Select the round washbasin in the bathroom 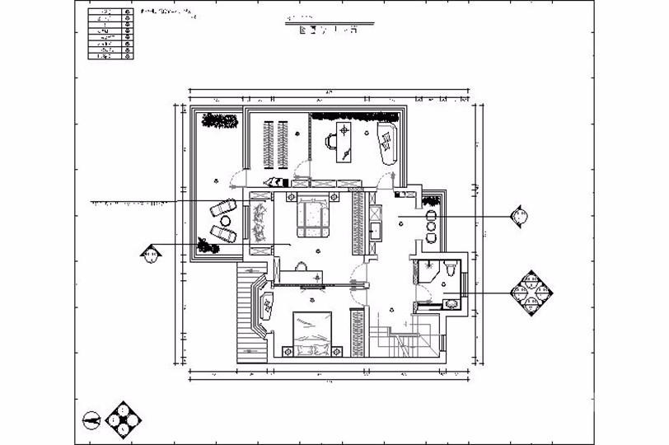point(450,303)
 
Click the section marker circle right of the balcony point(519,218)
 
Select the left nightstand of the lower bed point(288,352)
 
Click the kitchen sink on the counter point(376,229)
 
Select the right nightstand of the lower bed point(338,352)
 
